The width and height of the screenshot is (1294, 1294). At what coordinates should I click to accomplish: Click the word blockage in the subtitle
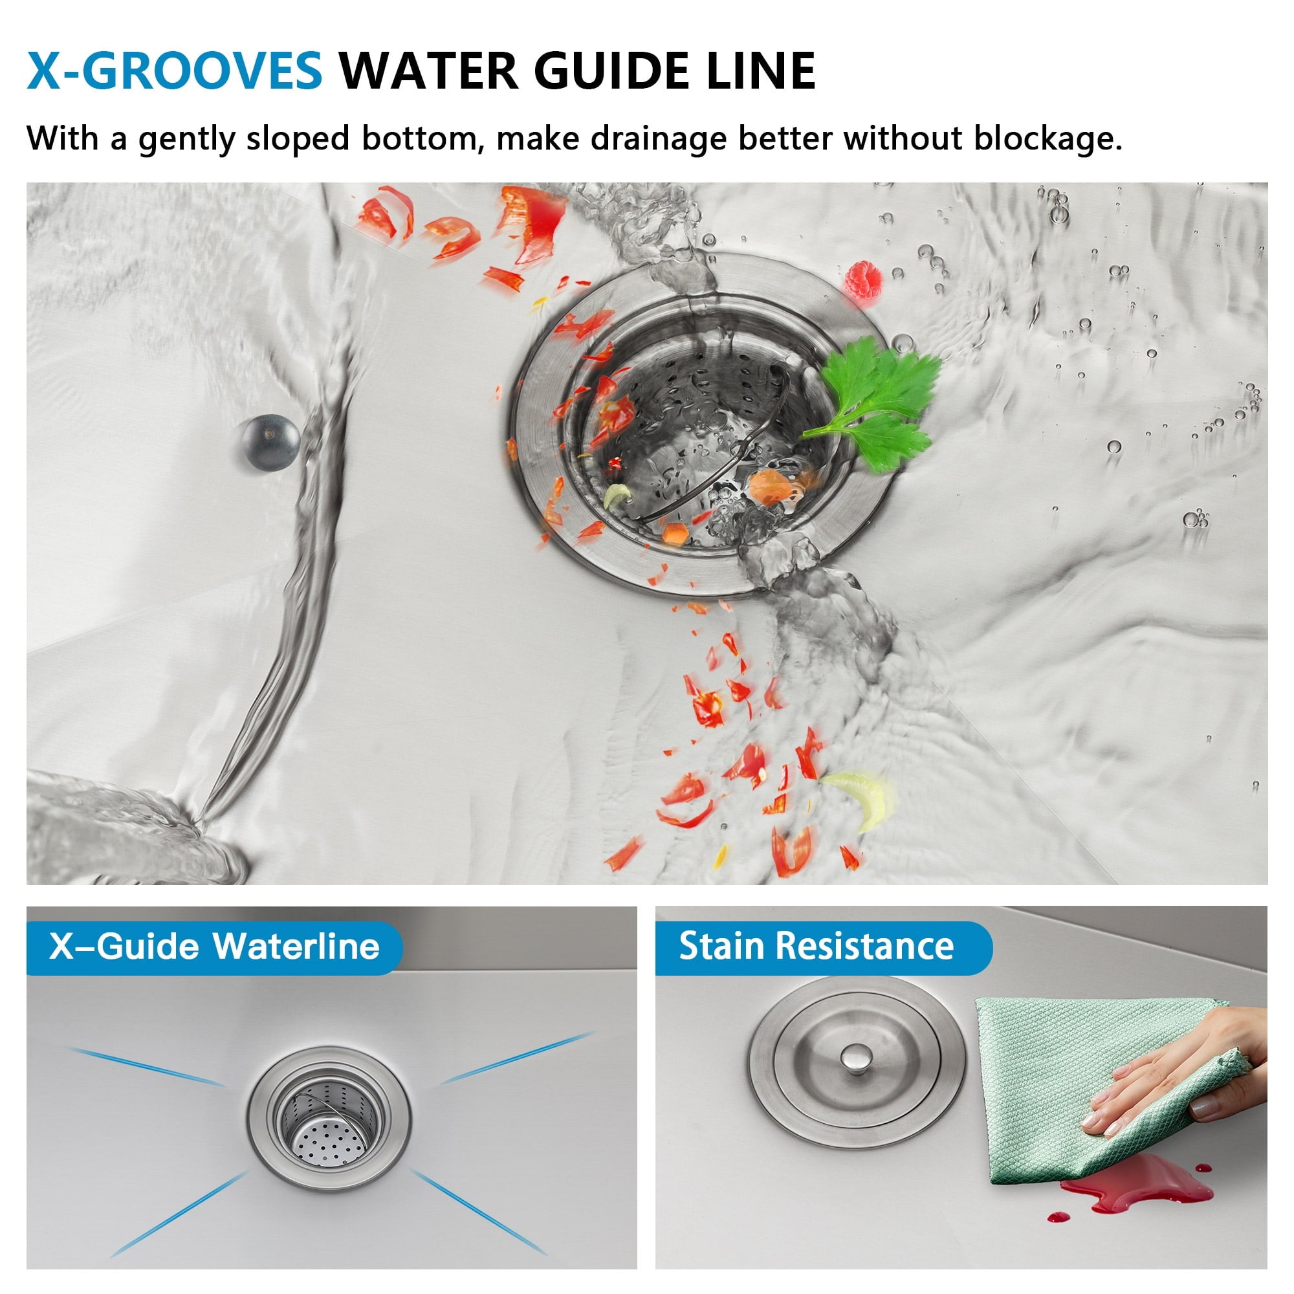tap(1047, 138)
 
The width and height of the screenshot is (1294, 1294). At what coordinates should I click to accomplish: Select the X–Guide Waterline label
tap(214, 947)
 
